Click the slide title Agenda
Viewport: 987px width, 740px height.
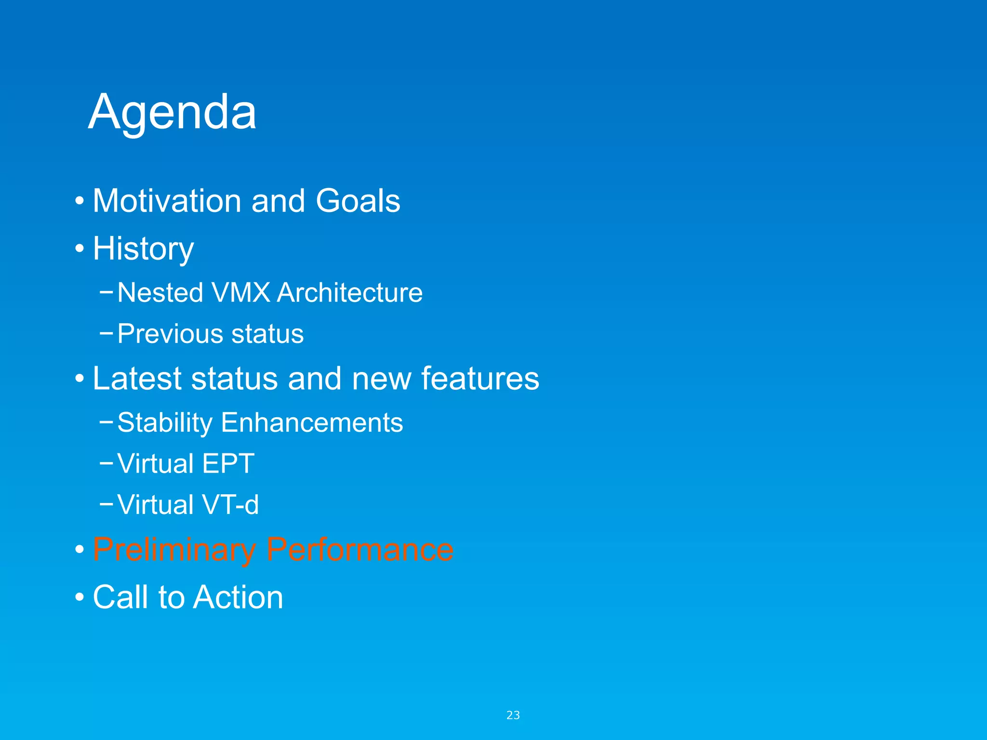(172, 112)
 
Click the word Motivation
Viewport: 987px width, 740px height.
(167, 200)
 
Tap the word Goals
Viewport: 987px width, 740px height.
(358, 200)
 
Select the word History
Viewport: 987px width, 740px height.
(143, 249)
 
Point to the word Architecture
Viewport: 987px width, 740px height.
(350, 292)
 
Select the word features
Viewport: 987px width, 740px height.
(480, 378)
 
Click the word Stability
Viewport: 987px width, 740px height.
(165, 423)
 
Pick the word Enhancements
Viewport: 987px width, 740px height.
(312, 423)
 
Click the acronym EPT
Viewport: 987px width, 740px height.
(228, 463)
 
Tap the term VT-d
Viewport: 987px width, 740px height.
(230, 505)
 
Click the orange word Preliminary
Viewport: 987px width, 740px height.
(174, 549)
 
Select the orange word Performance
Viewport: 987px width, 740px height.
(360, 549)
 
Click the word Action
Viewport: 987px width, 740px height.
(239, 597)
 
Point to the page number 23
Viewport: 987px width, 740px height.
(513, 715)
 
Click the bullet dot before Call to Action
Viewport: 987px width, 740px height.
(80, 597)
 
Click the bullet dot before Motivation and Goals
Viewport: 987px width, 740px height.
(80, 201)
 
